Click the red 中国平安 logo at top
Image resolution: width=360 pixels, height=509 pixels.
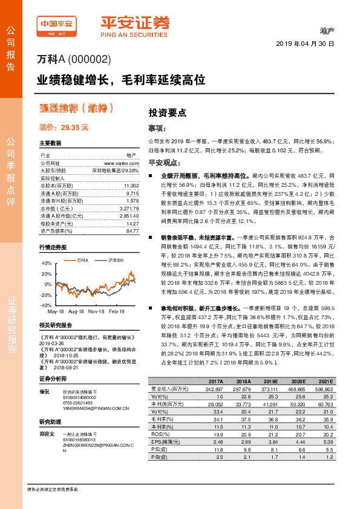pyautogui.click(x=59, y=23)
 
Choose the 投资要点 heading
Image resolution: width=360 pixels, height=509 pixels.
pyautogui.click(x=168, y=112)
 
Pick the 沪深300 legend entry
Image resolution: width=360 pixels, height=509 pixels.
pyautogui.click(x=111, y=259)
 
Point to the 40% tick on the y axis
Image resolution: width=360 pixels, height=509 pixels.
pyautogui.click(x=46, y=264)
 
